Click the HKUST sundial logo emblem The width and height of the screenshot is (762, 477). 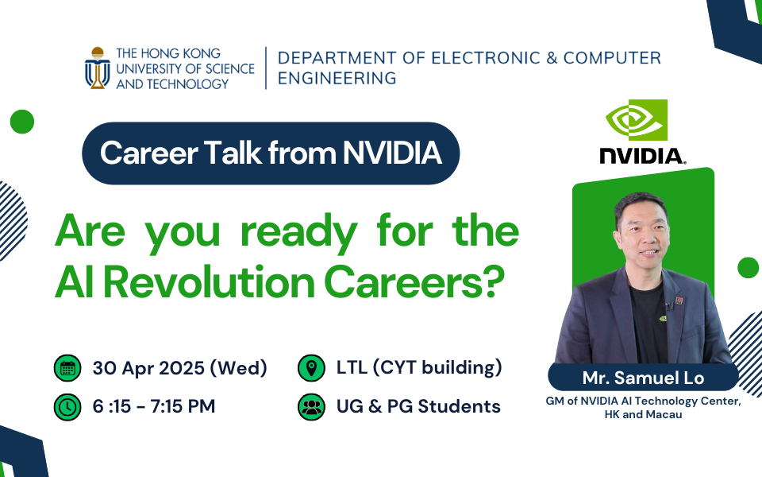coord(98,68)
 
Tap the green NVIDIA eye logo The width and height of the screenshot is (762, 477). coord(637,120)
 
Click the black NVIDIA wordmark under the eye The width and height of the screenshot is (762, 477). coord(642,156)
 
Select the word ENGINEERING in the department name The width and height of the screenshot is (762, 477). coord(337,79)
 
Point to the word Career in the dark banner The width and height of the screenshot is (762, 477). coord(148,153)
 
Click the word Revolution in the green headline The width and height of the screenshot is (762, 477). coord(210,283)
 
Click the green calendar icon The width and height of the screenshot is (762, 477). coord(67,368)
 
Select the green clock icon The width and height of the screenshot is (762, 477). coord(67,407)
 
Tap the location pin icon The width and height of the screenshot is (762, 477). coord(311,368)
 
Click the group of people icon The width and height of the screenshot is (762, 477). coord(311,407)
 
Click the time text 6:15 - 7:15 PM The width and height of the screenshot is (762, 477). coord(154,406)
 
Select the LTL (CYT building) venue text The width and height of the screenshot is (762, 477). coord(419,367)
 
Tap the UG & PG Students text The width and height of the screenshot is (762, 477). coord(418,406)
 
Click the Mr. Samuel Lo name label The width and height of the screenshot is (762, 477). coord(644,378)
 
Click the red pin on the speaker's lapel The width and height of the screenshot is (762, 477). coord(679,301)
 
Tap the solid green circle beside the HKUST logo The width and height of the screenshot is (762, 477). coord(22,122)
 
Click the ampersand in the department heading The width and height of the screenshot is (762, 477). coord(552,58)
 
